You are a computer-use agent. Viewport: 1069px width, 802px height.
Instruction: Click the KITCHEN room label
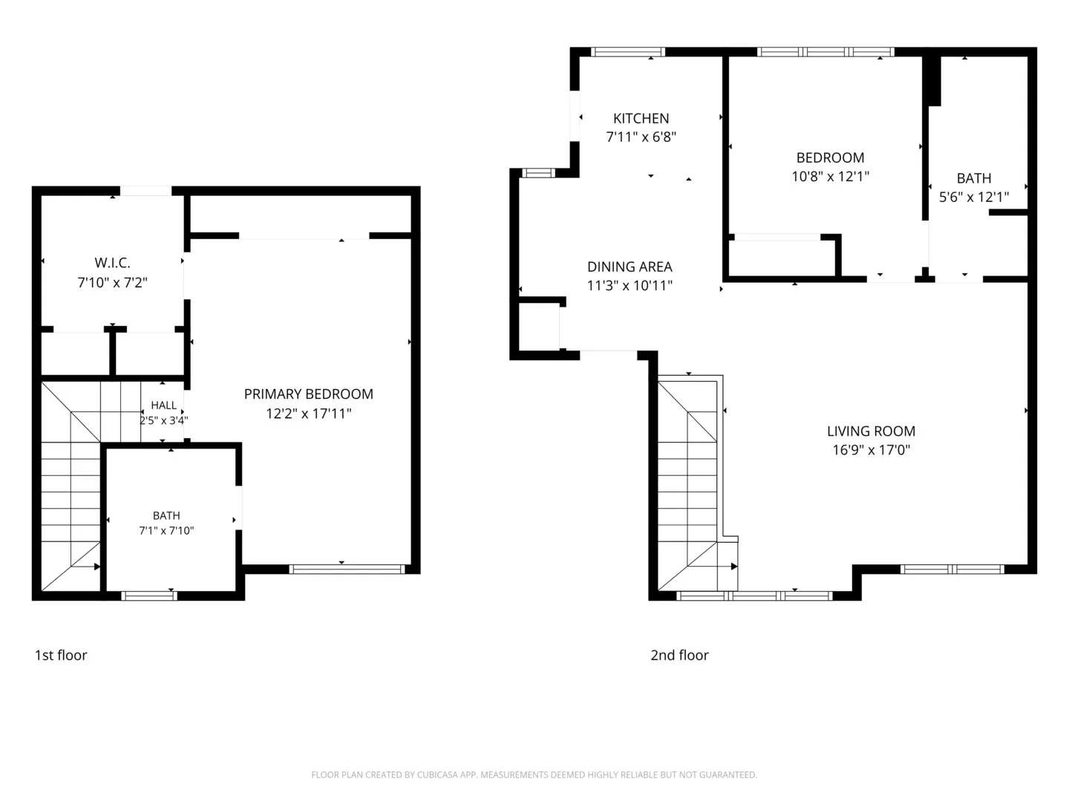click(641, 118)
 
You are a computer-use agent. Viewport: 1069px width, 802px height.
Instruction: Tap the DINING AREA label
click(630, 267)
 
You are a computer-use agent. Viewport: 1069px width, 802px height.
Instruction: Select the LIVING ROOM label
click(871, 431)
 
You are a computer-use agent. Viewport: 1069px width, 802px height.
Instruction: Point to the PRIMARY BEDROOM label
click(308, 394)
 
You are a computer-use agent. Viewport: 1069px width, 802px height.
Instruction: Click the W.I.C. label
click(112, 263)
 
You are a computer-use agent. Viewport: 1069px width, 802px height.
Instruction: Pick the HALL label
click(163, 405)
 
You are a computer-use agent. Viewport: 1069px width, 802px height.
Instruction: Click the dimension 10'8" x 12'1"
click(830, 176)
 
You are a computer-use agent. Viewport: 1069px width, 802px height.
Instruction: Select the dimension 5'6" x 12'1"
click(973, 197)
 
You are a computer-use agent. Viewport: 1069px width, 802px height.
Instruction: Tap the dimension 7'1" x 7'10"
click(166, 530)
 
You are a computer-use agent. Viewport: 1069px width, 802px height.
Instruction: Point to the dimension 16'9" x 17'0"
click(871, 449)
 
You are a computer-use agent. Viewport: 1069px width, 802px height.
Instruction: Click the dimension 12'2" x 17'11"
click(308, 414)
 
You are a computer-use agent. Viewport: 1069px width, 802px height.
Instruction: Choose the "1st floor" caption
click(61, 656)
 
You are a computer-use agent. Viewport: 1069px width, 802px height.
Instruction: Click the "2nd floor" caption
click(679, 656)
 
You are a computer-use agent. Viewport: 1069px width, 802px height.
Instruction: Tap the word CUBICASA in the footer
click(434, 775)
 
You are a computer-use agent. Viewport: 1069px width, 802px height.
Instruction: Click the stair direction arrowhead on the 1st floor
click(97, 567)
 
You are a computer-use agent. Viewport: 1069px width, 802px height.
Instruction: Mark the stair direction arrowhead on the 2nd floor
click(734, 567)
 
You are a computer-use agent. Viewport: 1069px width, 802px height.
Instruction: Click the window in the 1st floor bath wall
click(149, 596)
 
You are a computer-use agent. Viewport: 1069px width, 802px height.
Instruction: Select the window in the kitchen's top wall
click(628, 52)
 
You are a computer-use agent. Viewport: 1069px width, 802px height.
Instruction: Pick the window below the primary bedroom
click(347, 570)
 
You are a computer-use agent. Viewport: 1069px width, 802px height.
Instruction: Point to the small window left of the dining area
click(539, 173)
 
